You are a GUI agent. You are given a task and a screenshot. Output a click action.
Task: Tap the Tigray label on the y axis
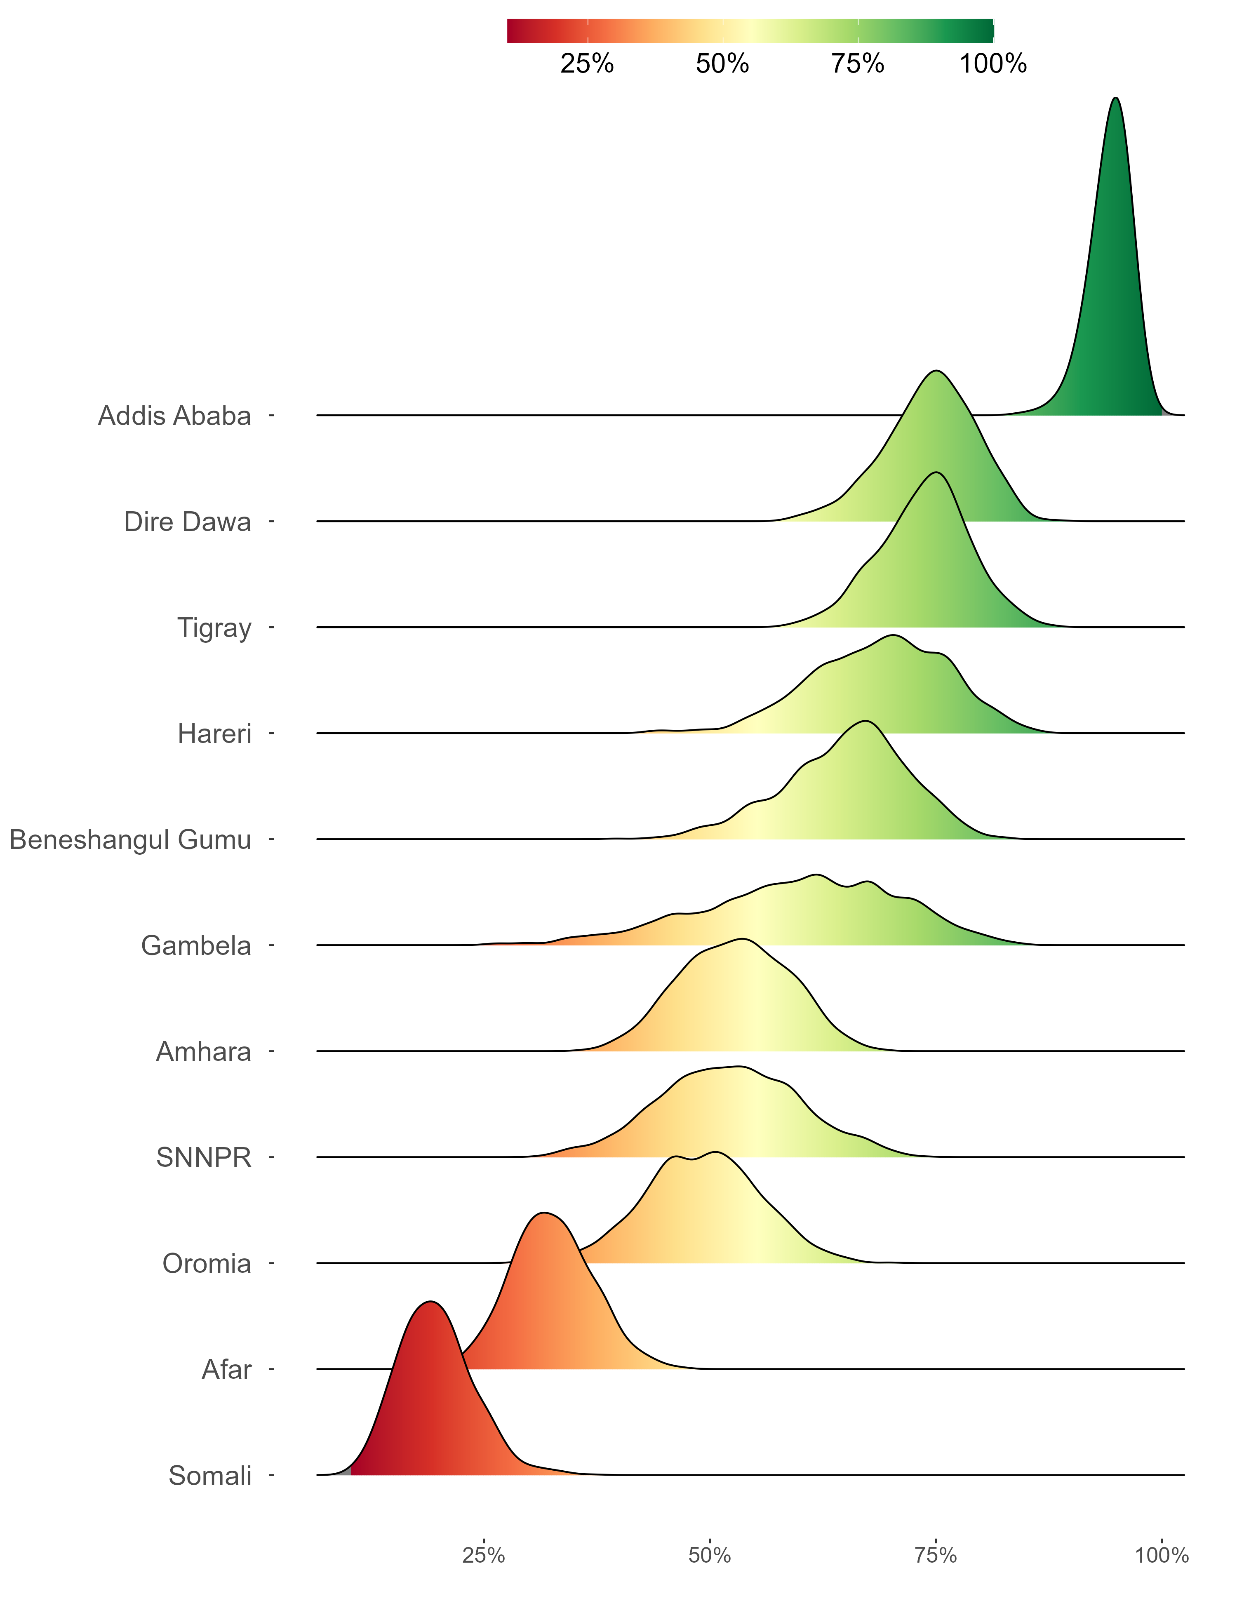[x=214, y=629]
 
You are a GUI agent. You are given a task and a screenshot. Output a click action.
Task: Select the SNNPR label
[x=204, y=1158]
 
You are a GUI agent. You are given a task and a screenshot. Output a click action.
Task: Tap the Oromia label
[x=207, y=1264]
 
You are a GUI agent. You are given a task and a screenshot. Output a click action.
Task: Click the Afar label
[x=227, y=1370]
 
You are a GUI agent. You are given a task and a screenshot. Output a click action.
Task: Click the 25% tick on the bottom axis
[x=484, y=1556]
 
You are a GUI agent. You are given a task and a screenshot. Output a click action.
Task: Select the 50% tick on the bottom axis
[x=710, y=1556]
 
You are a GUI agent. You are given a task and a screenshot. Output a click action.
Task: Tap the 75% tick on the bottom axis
[x=936, y=1556]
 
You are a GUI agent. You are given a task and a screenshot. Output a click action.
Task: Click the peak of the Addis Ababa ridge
[x=1116, y=99]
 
